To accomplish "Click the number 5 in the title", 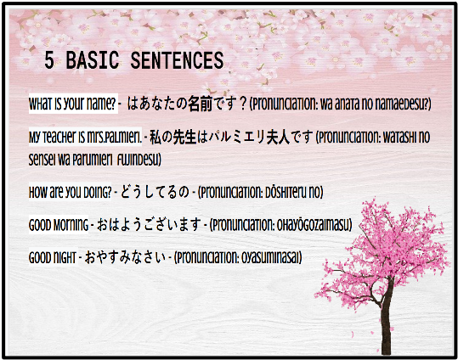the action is pyautogui.click(x=49, y=60).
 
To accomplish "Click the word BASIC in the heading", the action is pyautogui.click(x=92, y=60).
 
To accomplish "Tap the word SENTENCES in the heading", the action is pyautogui.click(x=177, y=60).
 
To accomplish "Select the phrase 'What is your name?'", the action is pyautogui.click(x=72, y=104).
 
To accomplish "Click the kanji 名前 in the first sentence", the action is pyautogui.click(x=200, y=104).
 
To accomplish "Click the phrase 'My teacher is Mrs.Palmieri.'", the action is pyautogui.click(x=85, y=137).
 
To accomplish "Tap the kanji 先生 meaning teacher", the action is pyautogui.click(x=185, y=137).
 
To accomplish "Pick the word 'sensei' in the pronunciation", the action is pyautogui.click(x=42, y=160).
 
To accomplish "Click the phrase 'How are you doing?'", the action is pyautogui.click(x=70, y=192).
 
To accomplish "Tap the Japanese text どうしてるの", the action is pyautogui.click(x=155, y=192).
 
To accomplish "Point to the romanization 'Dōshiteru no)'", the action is pyautogui.click(x=291, y=192).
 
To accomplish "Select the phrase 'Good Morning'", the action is pyautogui.click(x=59, y=225).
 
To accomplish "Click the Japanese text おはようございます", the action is pyautogui.click(x=149, y=224).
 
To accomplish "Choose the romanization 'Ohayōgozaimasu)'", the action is pyautogui.click(x=314, y=225).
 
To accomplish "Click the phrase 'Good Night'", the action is pyautogui.click(x=53, y=257).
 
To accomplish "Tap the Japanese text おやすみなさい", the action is pyautogui.click(x=125, y=257).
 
